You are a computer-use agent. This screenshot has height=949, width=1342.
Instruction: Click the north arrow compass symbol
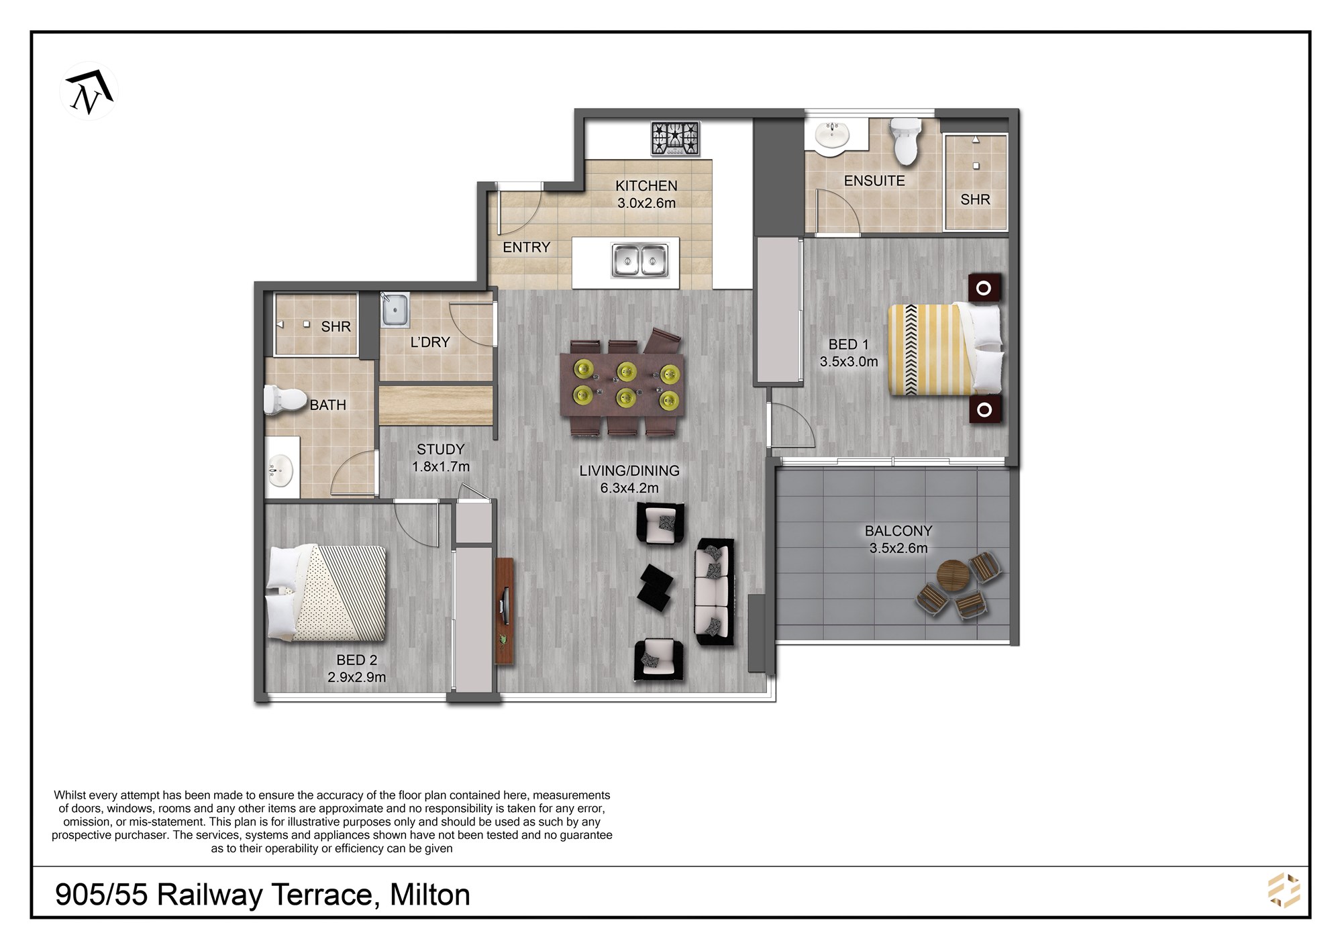pos(89,91)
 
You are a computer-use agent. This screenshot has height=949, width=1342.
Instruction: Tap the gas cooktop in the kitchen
pos(675,139)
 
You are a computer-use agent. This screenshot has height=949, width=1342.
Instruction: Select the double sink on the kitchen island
pos(641,260)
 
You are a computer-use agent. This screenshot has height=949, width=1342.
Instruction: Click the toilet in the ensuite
pos(906,142)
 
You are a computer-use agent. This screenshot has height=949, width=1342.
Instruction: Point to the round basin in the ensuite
pos(832,135)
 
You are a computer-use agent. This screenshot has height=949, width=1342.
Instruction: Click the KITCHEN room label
pos(646,186)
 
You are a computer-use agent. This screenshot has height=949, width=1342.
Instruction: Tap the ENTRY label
pos(526,247)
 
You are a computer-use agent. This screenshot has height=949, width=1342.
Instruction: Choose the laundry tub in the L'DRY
pos(395,310)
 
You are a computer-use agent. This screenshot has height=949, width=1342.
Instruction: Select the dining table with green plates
pos(622,385)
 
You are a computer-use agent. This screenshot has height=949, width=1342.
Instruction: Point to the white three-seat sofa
pos(715,591)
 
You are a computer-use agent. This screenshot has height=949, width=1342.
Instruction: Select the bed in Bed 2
pos(327,593)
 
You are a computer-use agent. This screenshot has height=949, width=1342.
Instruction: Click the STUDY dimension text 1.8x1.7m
pos(441,466)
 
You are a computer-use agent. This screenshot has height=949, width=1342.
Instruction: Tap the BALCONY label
pos(898,531)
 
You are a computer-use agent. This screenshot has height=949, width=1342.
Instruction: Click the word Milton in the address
pos(430,895)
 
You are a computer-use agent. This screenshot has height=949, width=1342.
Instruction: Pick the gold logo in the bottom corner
pos(1284,891)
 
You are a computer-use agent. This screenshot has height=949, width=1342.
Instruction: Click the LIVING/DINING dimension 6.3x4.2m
pos(629,488)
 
